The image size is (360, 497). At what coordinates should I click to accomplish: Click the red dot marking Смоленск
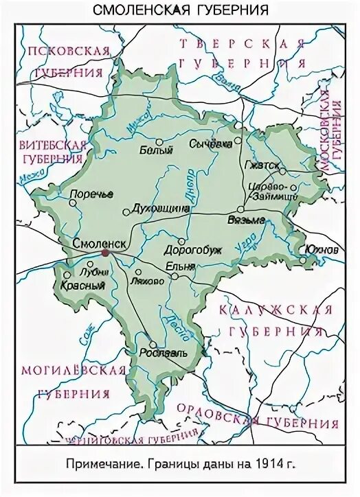click(x=105, y=253)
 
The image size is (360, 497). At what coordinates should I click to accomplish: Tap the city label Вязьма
click(x=245, y=220)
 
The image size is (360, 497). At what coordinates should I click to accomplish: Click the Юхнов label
click(x=321, y=250)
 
